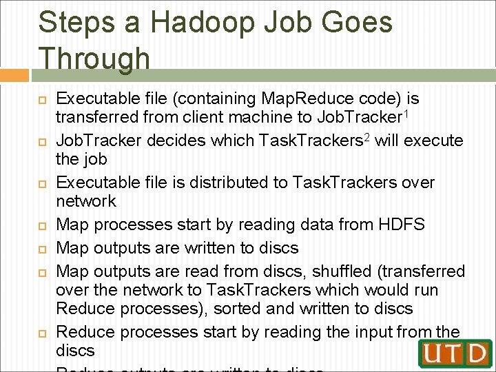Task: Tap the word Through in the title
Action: (x=94, y=59)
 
